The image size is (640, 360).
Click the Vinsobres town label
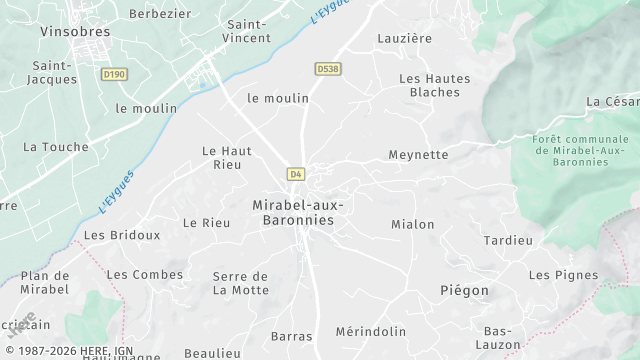click(x=75, y=31)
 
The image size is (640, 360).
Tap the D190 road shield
click(x=115, y=74)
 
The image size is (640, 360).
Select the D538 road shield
click(x=327, y=69)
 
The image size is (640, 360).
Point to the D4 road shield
click(x=295, y=174)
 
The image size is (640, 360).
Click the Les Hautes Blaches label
click(x=435, y=85)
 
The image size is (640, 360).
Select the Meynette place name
click(x=418, y=155)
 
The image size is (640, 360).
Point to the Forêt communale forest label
click(x=573, y=150)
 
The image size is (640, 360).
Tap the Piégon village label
click(x=465, y=290)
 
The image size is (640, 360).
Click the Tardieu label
click(x=509, y=241)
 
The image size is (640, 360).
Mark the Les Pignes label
click(x=563, y=275)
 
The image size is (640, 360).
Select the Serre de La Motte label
click(x=241, y=283)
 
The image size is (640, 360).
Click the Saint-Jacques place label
click(x=53, y=72)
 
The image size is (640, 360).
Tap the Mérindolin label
click(x=371, y=332)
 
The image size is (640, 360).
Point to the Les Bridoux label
click(x=122, y=235)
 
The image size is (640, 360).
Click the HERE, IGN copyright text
click(x=70, y=351)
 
